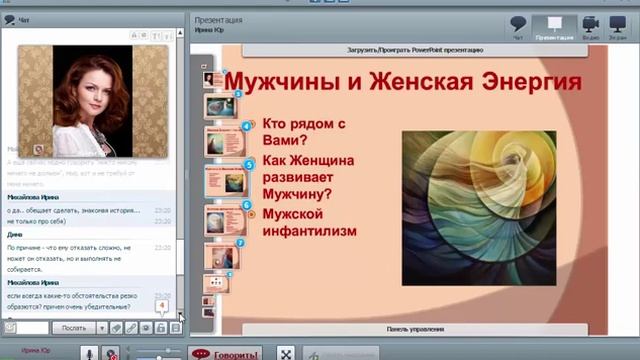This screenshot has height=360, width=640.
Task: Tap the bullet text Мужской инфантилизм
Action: [x=309, y=222]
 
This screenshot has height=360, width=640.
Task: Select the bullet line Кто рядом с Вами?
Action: [x=304, y=132]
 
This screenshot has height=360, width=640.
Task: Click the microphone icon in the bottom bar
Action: [x=89, y=353]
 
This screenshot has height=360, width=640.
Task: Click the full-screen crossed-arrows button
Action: [x=284, y=354]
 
